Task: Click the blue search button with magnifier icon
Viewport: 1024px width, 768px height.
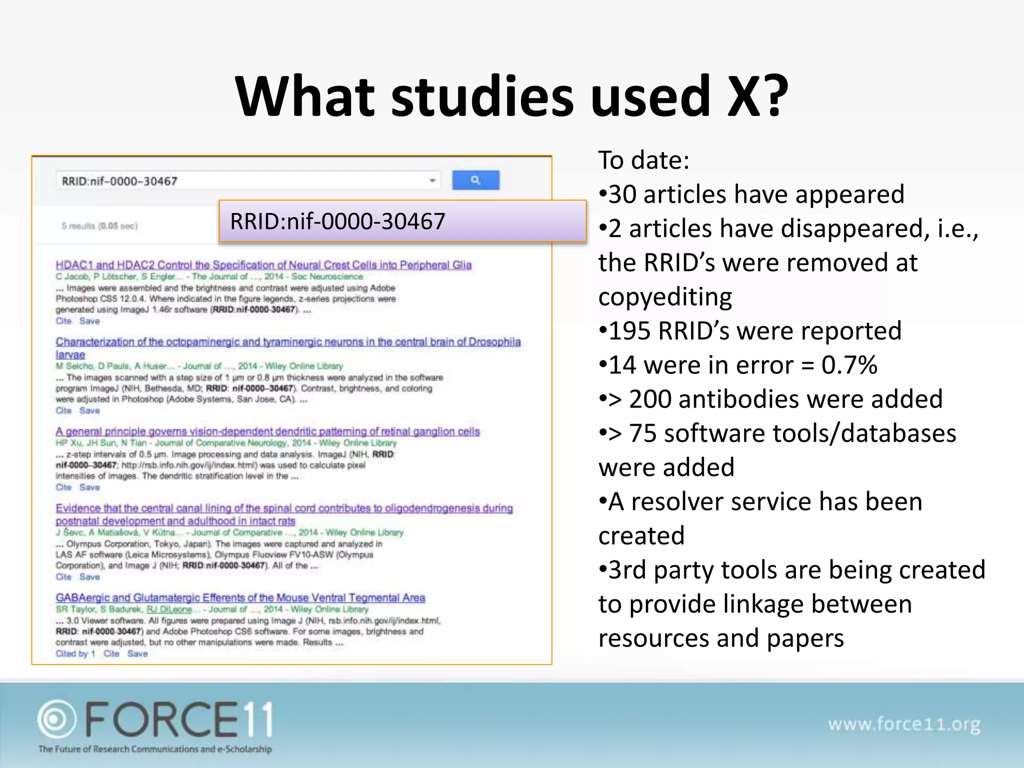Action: pyautogui.click(x=475, y=180)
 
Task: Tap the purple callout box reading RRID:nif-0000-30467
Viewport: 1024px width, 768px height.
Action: pyautogui.click(x=402, y=221)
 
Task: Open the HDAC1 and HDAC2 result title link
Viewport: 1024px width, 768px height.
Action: pyautogui.click(x=263, y=265)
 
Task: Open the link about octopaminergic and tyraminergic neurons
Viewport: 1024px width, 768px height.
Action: pyautogui.click(x=288, y=342)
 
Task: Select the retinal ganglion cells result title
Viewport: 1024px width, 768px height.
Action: pyautogui.click(x=267, y=431)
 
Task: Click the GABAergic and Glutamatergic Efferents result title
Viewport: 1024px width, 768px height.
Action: pyautogui.click(x=240, y=598)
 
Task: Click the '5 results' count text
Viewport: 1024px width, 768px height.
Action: pyautogui.click(x=99, y=226)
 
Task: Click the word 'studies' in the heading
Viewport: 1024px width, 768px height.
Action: pyautogui.click(x=482, y=96)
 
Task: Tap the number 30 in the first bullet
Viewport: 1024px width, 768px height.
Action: pyautogui.click(x=622, y=194)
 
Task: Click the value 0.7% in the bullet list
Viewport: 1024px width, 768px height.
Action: pyautogui.click(x=849, y=365)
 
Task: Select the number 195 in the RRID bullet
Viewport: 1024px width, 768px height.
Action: pyautogui.click(x=629, y=331)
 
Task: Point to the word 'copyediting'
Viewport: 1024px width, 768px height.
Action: pyautogui.click(x=665, y=297)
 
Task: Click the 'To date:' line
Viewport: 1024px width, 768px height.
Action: pyautogui.click(x=643, y=160)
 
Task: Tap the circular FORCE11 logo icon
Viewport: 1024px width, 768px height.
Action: pyautogui.click(x=56, y=719)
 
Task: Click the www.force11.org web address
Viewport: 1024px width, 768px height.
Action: pyautogui.click(x=904, y=724)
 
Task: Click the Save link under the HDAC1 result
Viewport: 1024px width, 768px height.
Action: pyautogui.click(x=89, y=321)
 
